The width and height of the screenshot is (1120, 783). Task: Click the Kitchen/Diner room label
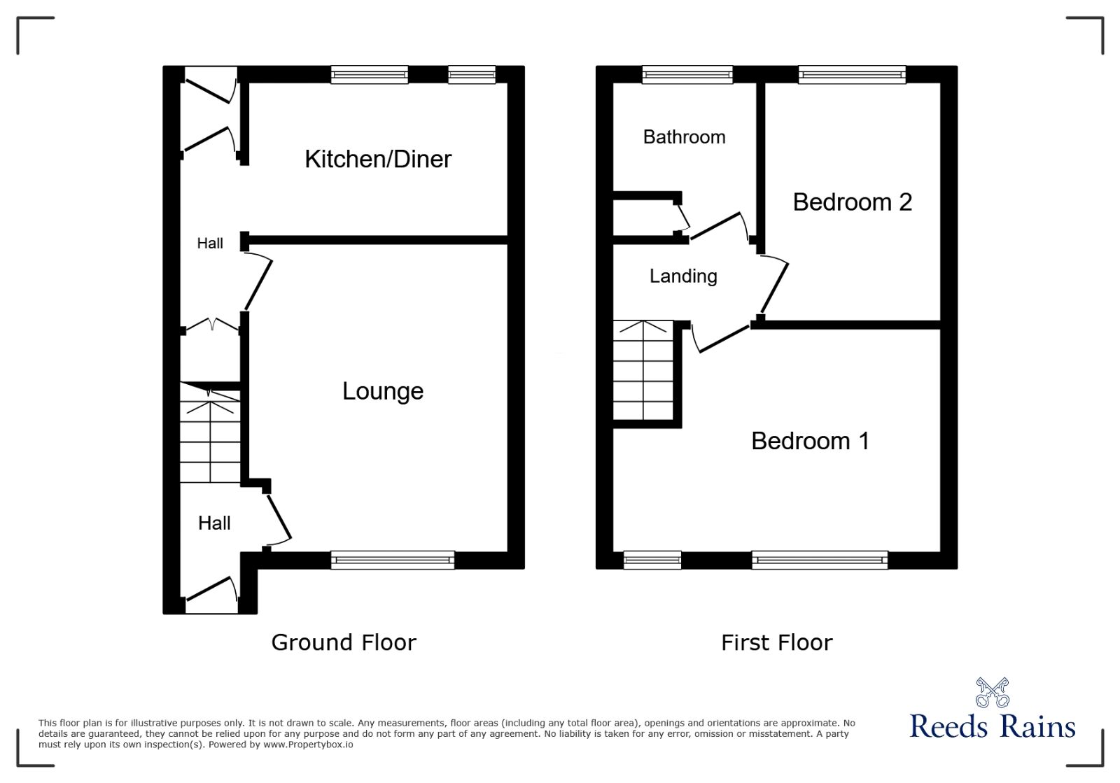click(x=378, y=159)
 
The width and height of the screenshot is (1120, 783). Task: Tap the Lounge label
click(x=383, y=390)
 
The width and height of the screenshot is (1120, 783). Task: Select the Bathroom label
click(x=684, y=137)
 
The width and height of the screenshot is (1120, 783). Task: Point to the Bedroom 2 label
click(x=852, y=202)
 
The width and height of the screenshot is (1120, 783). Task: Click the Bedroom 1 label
click(x=810, y=441)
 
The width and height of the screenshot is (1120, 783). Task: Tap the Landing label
click(x=683, y=276)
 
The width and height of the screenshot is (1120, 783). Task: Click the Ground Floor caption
click(x=344, y=642)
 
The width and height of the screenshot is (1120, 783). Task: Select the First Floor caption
click(x=776, y=642)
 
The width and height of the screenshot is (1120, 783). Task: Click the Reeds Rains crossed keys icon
click(x=993, y=692)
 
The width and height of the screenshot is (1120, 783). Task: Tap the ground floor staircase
click(x=210, y=441)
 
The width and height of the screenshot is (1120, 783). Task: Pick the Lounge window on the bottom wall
click(x=393, y=559)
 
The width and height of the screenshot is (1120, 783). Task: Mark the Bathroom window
click(x=687, y=74)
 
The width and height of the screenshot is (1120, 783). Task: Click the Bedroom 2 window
click(x=852, y=74)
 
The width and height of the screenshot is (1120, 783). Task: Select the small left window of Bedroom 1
click(x=652, y=559)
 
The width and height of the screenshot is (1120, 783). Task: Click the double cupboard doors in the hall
click(x=211, y=325)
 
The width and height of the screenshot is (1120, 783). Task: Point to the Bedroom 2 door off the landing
click(x=774, y=285)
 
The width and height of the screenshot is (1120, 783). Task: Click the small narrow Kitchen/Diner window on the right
click(x=472, y=74)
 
